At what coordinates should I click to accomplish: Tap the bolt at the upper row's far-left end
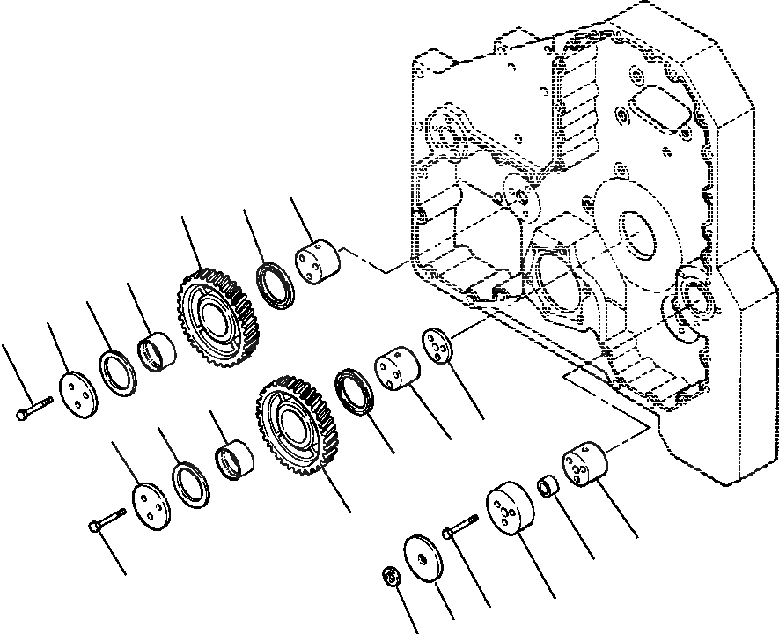pos(34,408)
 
